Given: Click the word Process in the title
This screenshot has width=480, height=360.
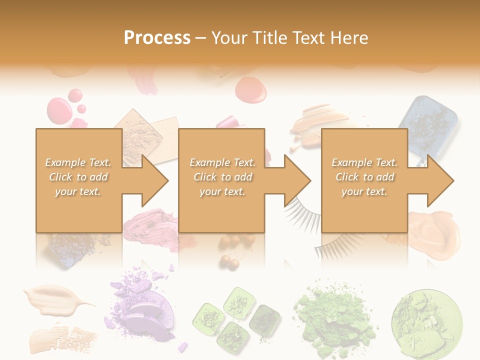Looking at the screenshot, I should (x=157, y=38).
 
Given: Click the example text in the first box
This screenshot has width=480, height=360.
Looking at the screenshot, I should (x=78, y=177).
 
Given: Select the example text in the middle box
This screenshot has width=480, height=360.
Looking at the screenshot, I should (x=222, y=177).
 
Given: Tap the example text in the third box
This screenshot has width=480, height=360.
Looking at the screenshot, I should (x=364, y=177).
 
